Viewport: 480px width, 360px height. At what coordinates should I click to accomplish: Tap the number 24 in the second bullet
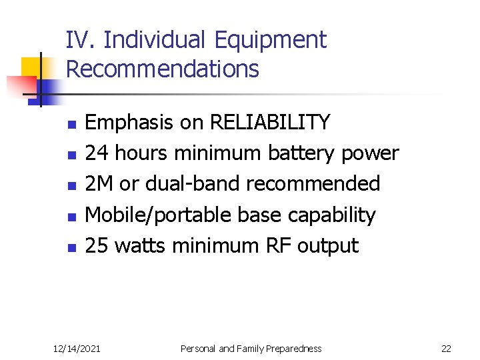tap(97, 153)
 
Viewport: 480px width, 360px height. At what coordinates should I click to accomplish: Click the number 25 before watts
tap(97, 246)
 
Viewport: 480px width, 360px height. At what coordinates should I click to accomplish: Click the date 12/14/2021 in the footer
tap(77, 348)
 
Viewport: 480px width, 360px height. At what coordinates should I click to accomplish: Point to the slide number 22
tap(446, 348)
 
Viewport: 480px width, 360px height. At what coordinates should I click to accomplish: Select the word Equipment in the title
tap(271, 41)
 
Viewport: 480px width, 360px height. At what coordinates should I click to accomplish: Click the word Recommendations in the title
tap(163, 69)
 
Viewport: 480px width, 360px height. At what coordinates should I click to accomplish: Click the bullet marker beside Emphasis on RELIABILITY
tap(73, 125)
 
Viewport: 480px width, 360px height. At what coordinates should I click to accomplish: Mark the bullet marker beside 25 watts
tap(73, 248)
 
